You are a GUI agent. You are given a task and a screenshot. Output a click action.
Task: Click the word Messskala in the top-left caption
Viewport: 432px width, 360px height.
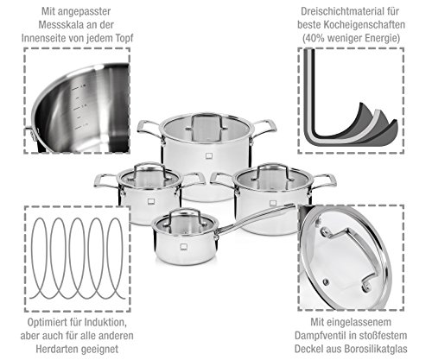57,25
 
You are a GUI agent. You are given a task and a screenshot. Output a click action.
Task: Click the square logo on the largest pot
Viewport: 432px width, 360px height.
209,155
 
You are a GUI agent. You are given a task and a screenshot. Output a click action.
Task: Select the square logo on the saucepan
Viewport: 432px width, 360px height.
184,247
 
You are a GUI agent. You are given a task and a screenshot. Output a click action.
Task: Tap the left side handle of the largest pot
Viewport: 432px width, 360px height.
149,129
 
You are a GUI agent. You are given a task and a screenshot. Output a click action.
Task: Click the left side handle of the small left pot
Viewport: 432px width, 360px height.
105,180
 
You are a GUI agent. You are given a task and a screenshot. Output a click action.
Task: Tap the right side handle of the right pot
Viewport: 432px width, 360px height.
324,180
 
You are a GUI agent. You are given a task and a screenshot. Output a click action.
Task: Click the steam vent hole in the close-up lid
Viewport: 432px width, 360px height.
326,281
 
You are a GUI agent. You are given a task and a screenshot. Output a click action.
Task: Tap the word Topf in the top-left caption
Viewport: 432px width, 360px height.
124,38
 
